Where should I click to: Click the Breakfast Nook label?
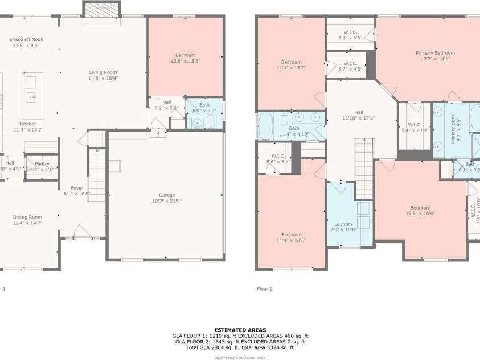tap(26, 39)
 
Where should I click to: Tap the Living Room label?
tap(102, 72)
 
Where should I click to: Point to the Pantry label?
tap(42, 163)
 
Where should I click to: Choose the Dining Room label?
tap(27, 217)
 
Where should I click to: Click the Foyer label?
tap(77, 188)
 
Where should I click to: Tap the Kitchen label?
tap(28, 124)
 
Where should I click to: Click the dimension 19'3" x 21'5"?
tap(166, 201)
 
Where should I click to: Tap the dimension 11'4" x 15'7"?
tap(291, 68)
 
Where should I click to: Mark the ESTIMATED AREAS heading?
tap(240, 330)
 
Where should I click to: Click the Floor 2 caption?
tap(265, 289)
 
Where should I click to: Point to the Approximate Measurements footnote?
tap(240, 358)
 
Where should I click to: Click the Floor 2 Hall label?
tap(359, 112)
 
